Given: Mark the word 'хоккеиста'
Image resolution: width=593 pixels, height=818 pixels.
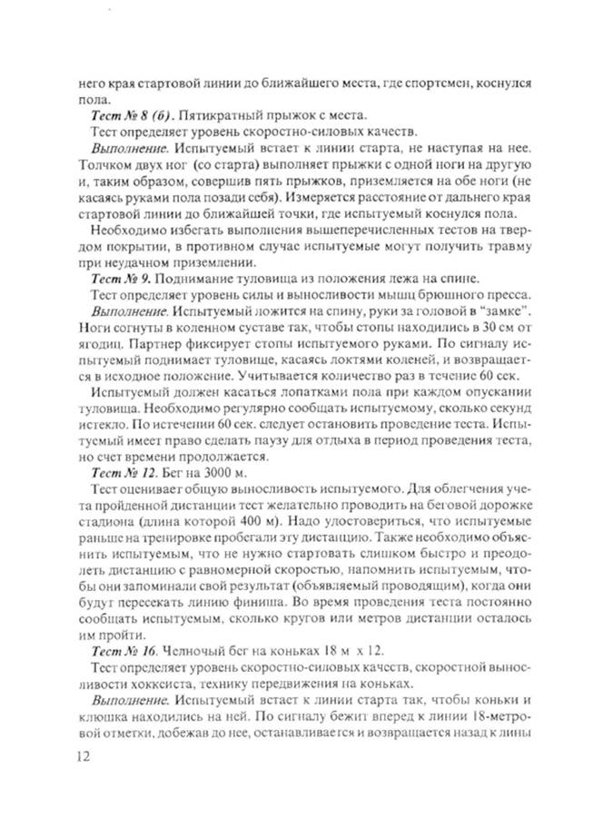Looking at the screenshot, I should pos(136,686).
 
